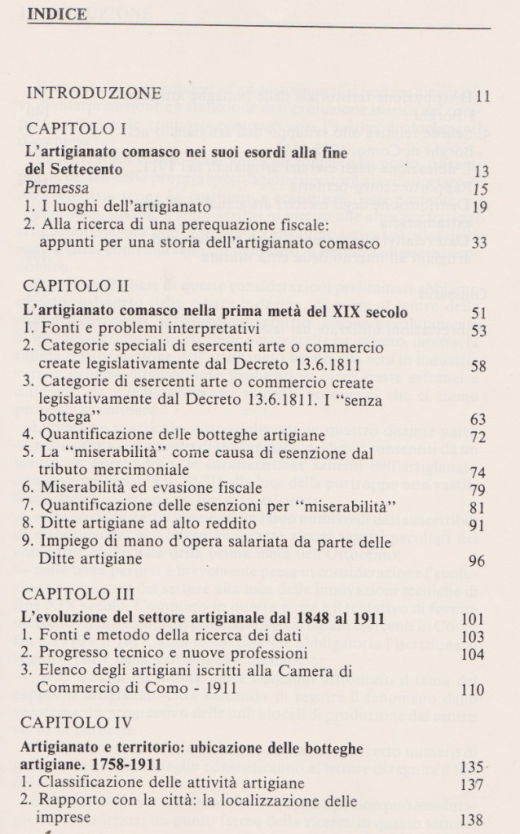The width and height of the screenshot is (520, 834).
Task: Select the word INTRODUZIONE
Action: pos(94,92)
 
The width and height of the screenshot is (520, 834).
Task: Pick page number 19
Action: pos(481,206)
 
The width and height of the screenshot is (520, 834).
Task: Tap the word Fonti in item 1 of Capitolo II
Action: pos(60,330)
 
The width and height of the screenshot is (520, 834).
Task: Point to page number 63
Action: pos(479,419)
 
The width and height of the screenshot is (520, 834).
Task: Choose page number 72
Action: pos(479,439)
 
